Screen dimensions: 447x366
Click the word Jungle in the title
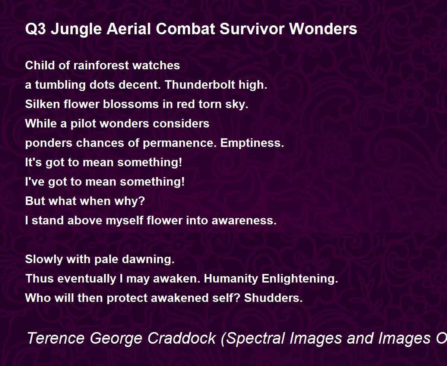76,29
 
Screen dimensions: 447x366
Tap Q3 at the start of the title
35,29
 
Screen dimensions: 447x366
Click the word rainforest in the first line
101,65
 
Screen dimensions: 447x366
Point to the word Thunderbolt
200,85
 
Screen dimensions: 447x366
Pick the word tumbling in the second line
60,85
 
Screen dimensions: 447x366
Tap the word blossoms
131,104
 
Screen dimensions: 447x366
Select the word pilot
83,124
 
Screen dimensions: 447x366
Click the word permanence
180,143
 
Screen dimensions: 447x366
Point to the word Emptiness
252,143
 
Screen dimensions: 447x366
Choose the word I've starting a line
35,182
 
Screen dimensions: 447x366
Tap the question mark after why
142,201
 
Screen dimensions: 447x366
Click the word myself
124,221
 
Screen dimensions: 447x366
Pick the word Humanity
231,279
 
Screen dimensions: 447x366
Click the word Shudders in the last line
273,298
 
